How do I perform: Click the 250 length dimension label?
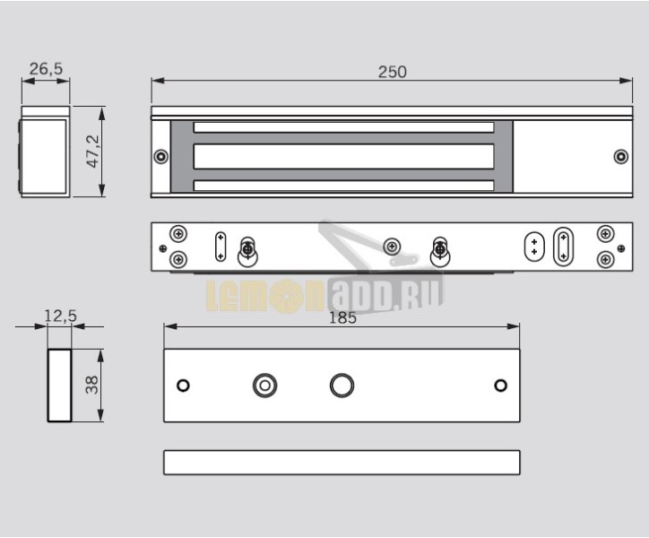(x=392, y=71)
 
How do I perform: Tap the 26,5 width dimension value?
(x=45, y=68)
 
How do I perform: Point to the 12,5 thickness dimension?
(x=60, y=316)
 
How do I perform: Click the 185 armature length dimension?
(x=342, y=317)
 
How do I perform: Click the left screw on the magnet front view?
(x=160, y=157)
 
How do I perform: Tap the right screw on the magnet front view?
(x=620, y=157)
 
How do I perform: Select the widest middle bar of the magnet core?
(x=344, y=157)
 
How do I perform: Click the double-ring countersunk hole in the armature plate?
(x=264, y=386)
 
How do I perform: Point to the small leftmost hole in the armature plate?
(x=183, y=386)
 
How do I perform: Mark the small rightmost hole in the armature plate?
(x=501, y=386)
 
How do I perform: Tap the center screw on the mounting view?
(x=391, y=247)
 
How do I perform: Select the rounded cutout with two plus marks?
(x=534, y=247)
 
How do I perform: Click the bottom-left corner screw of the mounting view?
(x=178, y=260)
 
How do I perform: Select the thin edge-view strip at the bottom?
(x=342, y=462)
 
